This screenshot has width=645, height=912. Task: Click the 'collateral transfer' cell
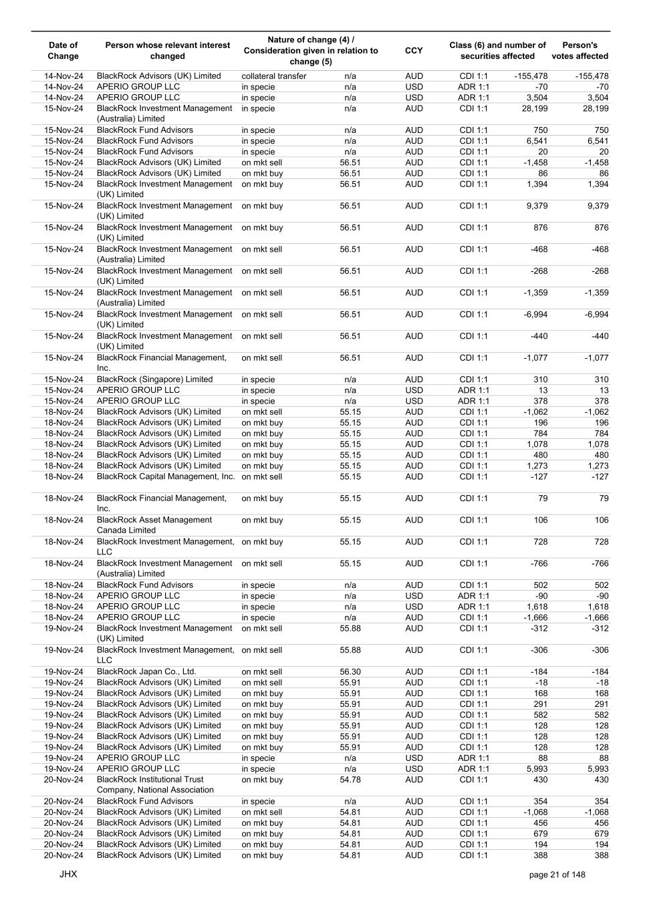tap(274, 76)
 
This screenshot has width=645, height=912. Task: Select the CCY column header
tap(414, 51)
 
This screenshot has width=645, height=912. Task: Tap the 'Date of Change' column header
tap(63, 51)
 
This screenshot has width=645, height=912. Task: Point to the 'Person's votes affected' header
tap(579, 51)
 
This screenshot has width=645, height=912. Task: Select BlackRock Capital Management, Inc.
tap(166, 477)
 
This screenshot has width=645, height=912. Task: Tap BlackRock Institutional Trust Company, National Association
tap(155, 785)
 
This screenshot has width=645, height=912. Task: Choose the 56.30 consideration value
tap(350, 672)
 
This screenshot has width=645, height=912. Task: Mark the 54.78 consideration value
tap(350, 780)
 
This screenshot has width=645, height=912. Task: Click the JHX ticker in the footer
tap(68, 874)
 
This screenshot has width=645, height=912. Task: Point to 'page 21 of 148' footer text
tap(557, 875)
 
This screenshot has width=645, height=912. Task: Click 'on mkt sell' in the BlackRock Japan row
tap(262, 672)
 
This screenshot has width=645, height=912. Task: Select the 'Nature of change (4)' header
tap(311, 40)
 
